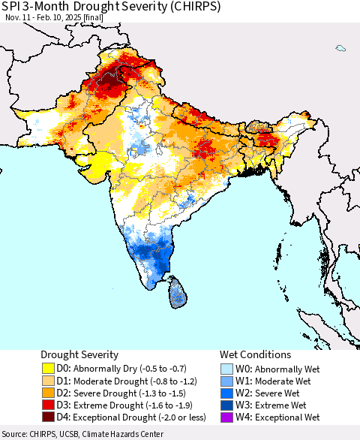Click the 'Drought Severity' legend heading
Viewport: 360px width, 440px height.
[x=79, y=354]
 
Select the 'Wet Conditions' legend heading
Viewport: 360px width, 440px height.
[x=255, y=354]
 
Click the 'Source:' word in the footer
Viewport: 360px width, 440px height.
[x=16, y=434]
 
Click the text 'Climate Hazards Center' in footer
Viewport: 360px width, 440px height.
[x=128, y=434]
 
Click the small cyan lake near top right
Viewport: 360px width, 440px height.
[x=340, y=48]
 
